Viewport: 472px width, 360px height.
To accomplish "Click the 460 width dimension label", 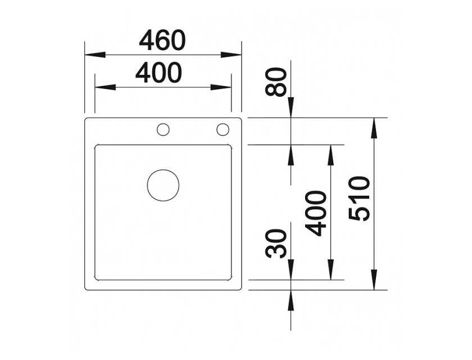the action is click(162, 40).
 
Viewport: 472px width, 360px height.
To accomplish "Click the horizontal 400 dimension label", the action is click(158, 73).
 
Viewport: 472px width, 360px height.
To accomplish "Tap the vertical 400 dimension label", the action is click(316, 213).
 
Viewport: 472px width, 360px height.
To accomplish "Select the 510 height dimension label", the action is click(359, 199).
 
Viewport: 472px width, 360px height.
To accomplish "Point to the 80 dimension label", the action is click(276, 82).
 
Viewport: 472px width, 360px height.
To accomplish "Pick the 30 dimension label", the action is click(276, 244).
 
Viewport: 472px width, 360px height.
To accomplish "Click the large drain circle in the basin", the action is click(163, 186).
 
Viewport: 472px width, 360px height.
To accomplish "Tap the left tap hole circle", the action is click(163, 129).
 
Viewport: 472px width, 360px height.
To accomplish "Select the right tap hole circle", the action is click(223, 129).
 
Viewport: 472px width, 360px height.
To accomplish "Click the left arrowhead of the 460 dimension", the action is click(95, 55).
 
